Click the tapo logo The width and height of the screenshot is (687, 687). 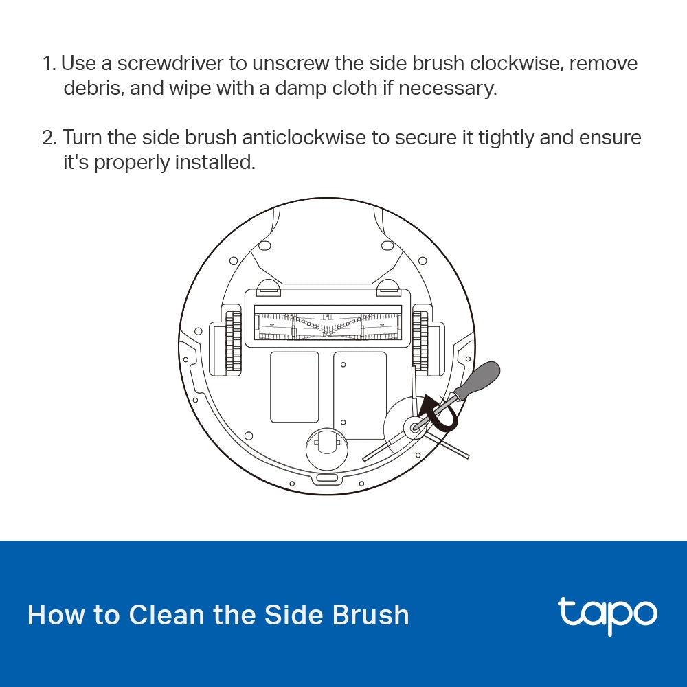point(607,614)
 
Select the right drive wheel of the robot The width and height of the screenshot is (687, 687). point(420,341)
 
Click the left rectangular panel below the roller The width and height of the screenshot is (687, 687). point(294,387)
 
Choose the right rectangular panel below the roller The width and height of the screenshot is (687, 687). point(360,395)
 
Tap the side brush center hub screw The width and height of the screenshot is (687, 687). point(414,427)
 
